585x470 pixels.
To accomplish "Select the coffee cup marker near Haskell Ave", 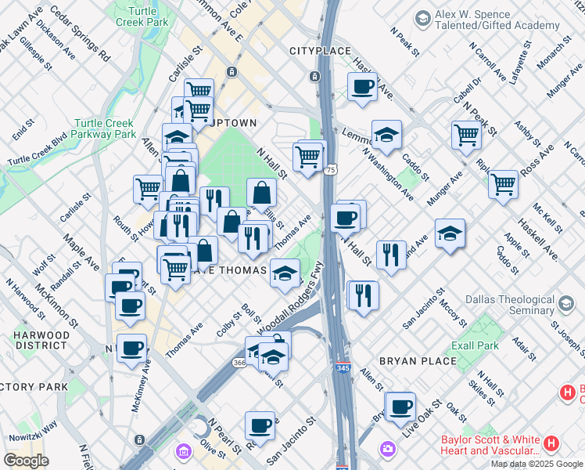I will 362,87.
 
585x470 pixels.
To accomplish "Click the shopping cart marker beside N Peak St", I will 466,134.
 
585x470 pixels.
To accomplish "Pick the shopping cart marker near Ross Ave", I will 503,184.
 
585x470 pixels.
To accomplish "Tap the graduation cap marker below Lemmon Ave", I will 386,136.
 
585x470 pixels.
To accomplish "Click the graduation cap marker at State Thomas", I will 285,273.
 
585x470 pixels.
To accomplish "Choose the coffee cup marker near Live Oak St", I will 400,407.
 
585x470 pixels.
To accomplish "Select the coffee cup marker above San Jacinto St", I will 260,426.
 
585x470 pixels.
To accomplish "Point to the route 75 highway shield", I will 331,169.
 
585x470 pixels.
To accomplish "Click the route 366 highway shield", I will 239,363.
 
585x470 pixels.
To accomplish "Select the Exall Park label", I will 474,345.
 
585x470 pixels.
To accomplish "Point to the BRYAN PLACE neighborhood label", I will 417,361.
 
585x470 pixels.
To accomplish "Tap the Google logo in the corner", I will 27,460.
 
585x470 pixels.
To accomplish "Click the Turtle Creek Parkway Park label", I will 104,129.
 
